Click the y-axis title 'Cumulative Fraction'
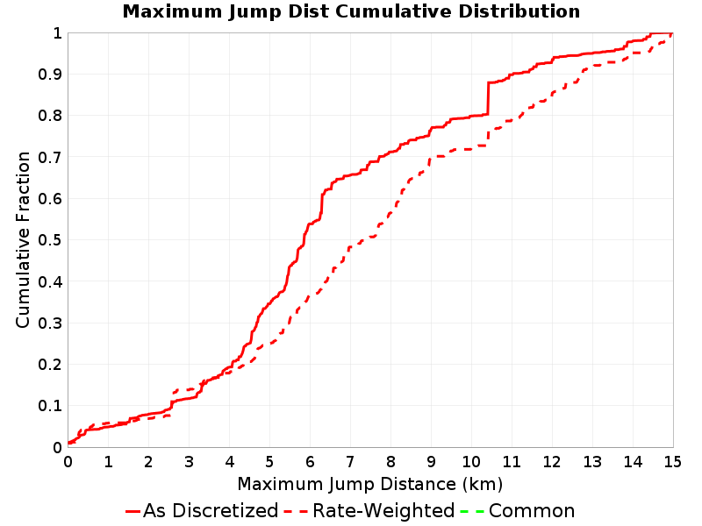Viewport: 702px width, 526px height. click(23, 239)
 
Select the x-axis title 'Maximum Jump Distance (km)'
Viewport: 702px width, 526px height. click(369, 485)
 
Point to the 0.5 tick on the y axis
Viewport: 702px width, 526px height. click(50, 240)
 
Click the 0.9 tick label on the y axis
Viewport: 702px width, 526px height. click(50, 75)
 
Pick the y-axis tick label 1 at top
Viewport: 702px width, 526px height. click(57, 33)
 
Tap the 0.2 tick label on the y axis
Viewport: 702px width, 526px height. click(50, 365)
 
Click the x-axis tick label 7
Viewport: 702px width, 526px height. click(350, 462)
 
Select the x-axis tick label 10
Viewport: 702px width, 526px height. click(471, 462)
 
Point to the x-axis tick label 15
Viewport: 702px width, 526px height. click(672, 462)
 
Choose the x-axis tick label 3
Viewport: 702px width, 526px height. click(189, 462)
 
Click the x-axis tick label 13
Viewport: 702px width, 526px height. click(591, 462)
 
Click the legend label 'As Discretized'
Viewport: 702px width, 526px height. click(211, 511)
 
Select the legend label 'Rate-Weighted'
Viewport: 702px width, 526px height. click(383, 511)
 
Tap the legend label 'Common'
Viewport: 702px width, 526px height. click(532, 511)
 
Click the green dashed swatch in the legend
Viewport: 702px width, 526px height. click(472, 511)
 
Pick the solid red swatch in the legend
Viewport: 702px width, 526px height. click(133, 511)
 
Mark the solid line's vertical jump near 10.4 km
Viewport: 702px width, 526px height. click(488, 98)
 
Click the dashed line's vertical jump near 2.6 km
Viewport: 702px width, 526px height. click(173, 404)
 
